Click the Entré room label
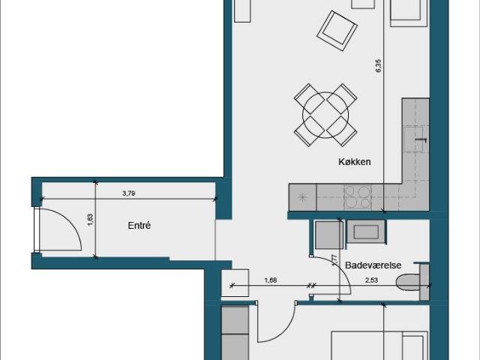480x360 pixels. coord(139,226)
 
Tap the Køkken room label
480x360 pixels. coord(355,162)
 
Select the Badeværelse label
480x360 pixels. coord(373,265)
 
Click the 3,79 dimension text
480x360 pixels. coord(128,193)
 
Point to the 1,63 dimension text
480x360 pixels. coord(90,220)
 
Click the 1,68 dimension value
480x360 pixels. coord(271,280)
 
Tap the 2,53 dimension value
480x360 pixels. coord(371,280)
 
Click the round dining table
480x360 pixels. coord(325,115)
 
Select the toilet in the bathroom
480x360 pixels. coord(409,282)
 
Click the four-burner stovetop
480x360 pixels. coord(358,197)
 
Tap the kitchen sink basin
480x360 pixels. coord(413,139)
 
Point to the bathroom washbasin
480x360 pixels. coord(366,232)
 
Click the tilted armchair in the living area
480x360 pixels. coord(337,31)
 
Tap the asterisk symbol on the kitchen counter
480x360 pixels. coord(302,197)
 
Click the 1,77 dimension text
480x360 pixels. coord(334,260)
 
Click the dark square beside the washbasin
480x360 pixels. coord(329,235)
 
